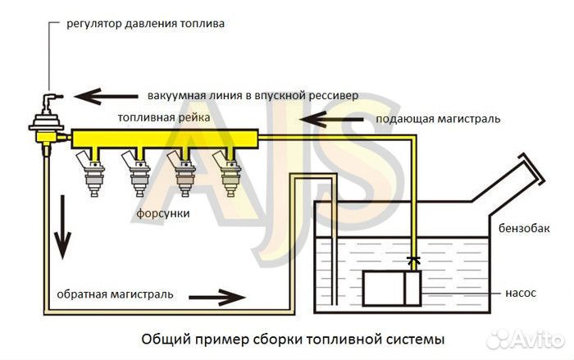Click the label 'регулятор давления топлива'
point(145,24)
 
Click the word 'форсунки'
point(163,213)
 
